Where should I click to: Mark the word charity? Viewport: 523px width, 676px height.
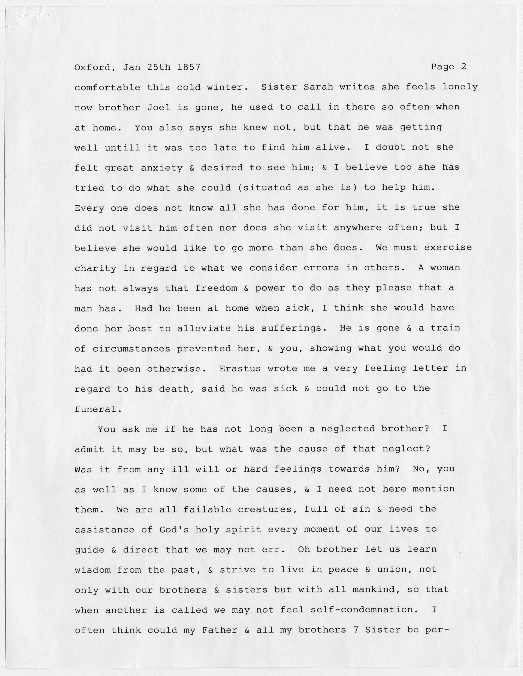click(x=95, y=268)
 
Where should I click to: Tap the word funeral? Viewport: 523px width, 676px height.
click(x=95, y=409)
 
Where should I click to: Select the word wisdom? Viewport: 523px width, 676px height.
click(x=92, y=570)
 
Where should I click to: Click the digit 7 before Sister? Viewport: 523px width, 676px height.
click(x=355, y=630)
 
